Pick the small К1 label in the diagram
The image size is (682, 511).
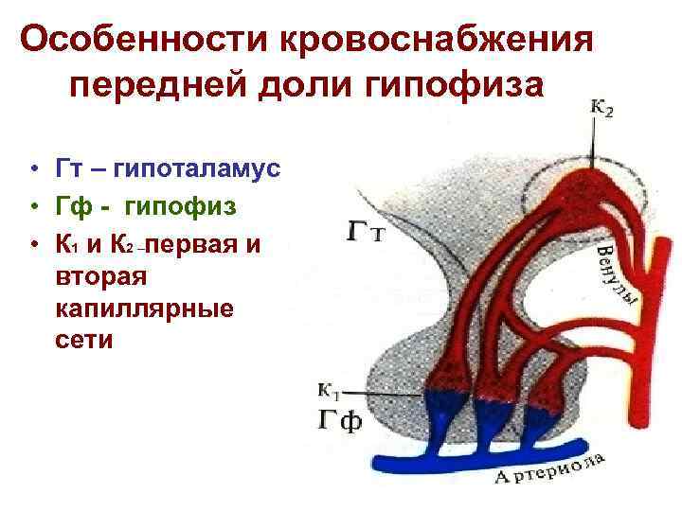330,389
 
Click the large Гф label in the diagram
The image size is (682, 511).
337,420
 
